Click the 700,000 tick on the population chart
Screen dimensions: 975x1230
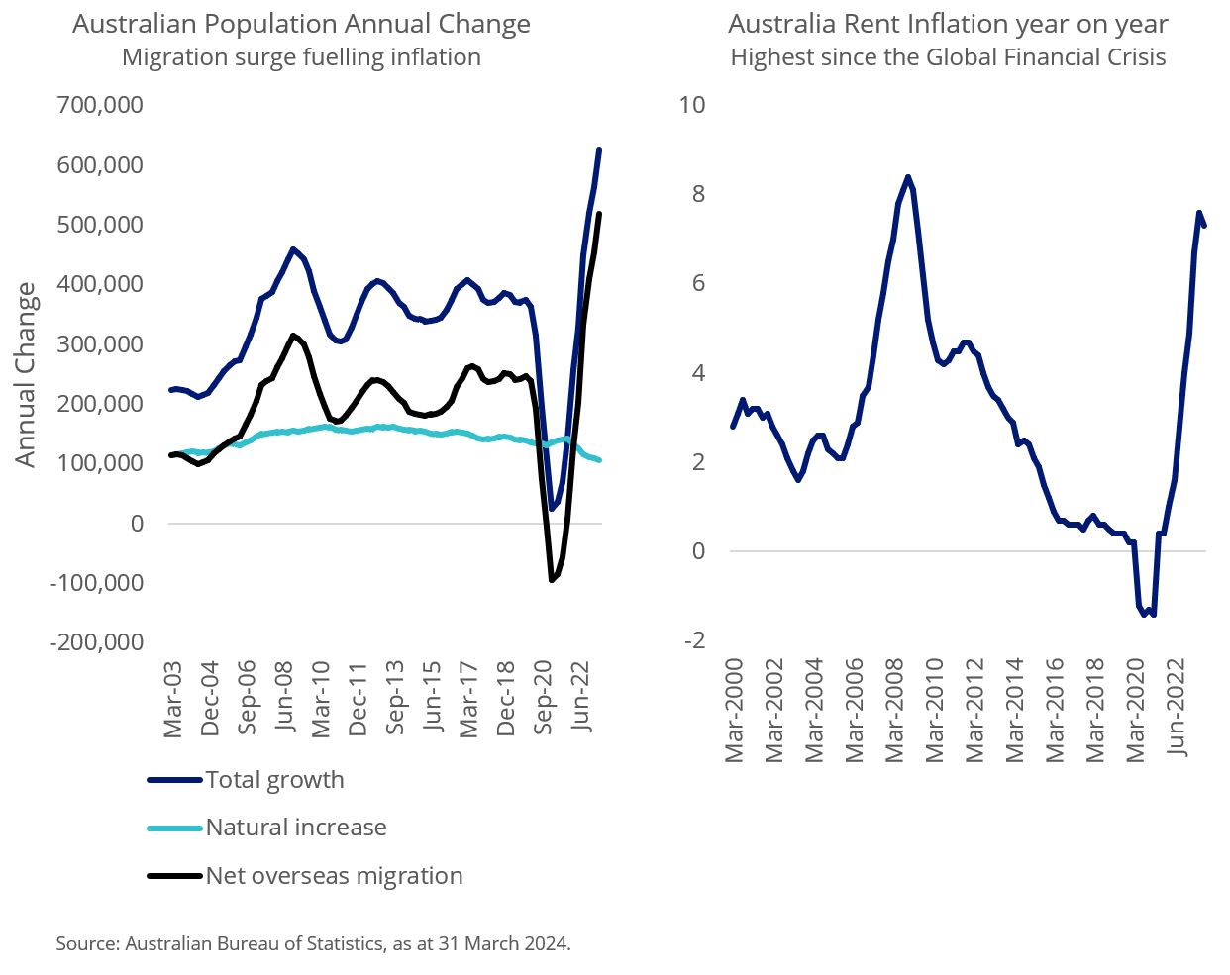click(100, 104)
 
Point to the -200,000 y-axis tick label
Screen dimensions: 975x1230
click(97, 641)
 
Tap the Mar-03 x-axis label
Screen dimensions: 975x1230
click(173, 700)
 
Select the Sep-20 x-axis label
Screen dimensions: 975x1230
click(544, 698)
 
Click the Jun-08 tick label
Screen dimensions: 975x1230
click(285, 698)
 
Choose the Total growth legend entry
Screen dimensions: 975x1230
click(274, 780)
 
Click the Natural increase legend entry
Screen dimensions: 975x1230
click(295, 828)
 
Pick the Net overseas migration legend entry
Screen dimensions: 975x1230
click(334, 876)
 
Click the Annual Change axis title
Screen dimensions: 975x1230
click(25, 375)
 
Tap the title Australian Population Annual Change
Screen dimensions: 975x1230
click(301, 24)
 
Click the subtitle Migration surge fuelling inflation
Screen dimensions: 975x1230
click(301, 57)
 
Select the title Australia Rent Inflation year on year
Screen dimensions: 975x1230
click(948, 24)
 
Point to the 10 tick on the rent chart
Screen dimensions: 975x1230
click(691, 104)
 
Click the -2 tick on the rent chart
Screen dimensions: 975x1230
click(693, 640)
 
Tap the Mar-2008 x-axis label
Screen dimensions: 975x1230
click(895, 710)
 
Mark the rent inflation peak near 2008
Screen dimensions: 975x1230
click(907, 177)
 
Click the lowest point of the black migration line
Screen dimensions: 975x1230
click(552, 580)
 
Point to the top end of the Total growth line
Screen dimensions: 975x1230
click(599, 150)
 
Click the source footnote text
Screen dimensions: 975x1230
click(313, 943)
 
